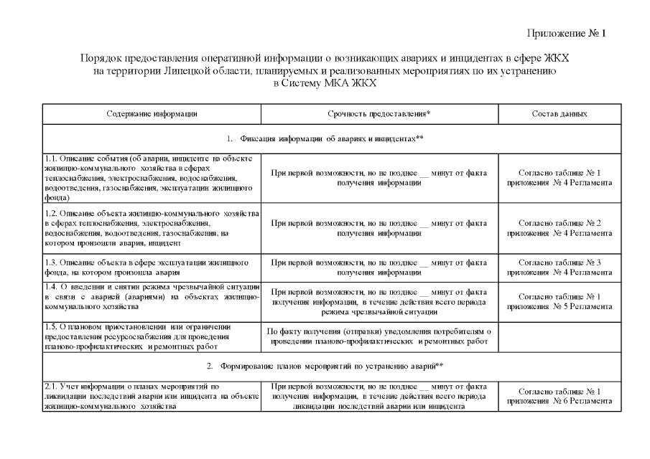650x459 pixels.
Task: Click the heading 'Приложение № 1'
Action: (567, 34)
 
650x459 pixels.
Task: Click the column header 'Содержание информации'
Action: (152, 114)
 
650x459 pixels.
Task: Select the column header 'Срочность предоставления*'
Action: (379, 114)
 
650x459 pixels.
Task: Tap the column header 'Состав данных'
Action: (560, 114)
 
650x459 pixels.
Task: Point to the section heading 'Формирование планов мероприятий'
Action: (325, 367)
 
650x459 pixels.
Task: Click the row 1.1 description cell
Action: (152, 177)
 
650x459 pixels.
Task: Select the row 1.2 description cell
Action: (152, 227)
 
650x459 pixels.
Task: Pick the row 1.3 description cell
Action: (152, 268)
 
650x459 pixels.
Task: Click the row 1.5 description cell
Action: (152, 336)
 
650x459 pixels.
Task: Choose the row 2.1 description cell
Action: (152, 397)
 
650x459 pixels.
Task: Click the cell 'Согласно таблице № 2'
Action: (560, 227)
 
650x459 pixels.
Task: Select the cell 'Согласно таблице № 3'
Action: (560, 268)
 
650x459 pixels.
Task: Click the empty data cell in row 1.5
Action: (560, 336)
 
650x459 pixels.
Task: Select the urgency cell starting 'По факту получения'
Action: (379, 336)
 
